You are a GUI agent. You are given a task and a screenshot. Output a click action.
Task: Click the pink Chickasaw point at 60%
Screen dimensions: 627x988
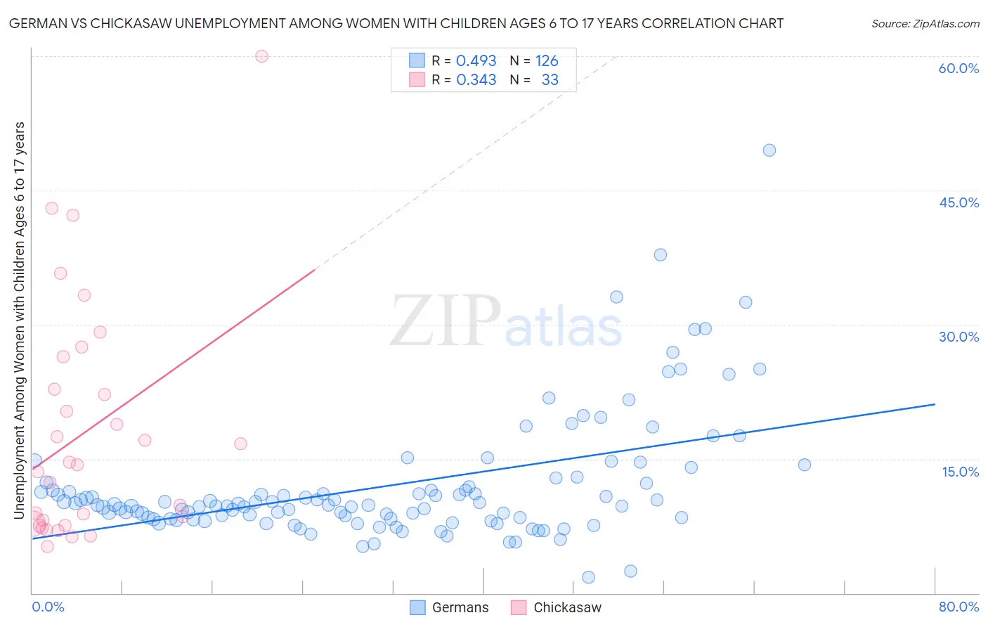click(x=261, y=56)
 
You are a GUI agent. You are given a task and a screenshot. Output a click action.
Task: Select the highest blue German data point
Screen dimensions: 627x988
click(x=769, y=150)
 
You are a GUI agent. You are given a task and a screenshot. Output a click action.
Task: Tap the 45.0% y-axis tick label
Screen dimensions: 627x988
click(x=958, y=202)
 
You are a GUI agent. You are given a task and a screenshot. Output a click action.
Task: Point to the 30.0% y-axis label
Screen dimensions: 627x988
click(x=958, y=337)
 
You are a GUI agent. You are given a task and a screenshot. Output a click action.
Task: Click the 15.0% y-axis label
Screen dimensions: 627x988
click(x=960, y=471)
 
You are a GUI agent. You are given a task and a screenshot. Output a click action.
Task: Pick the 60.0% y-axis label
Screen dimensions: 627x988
click(x=958, y=68)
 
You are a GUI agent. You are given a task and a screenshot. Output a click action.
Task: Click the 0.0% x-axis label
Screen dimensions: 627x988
click(x=48, y=607)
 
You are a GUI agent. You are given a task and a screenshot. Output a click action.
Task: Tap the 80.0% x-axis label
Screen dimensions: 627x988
click(x=958, y=607)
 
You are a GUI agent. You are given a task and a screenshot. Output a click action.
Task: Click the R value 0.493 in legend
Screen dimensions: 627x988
click(x=476, y=60)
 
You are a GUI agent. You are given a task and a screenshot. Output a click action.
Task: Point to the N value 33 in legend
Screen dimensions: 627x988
click(x=550, y=79)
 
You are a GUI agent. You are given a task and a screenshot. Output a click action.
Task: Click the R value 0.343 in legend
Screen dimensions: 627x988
click(x=476, y=79)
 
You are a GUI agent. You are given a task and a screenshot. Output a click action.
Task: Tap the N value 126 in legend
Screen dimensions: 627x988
click(x=547, y=60)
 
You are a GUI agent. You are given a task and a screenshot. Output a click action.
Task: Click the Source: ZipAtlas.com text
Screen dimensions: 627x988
click(x=925, y=23)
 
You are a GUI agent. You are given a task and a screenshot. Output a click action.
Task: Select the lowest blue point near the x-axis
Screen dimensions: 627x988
click(x=589, y=577)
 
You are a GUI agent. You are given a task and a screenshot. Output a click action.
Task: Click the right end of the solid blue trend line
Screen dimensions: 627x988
click(x=935, y=404)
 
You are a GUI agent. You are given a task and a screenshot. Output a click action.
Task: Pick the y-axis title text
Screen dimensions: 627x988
click(x=19, y=320)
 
